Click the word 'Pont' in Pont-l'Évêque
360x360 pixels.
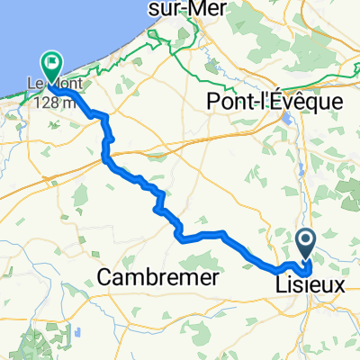232,102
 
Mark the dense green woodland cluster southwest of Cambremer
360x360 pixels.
54,333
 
